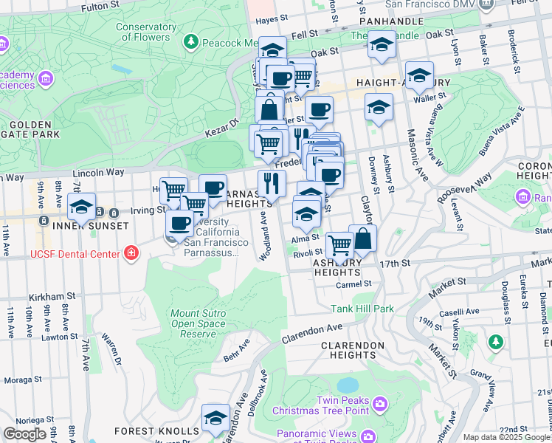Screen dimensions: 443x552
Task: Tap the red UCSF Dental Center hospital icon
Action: (131, 254)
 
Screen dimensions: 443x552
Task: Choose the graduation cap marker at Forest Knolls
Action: (215, 419)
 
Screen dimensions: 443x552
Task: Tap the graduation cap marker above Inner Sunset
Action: (81, 206)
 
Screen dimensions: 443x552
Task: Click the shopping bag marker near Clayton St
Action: (362, 238)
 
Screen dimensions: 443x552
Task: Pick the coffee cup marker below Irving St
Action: (179, 223)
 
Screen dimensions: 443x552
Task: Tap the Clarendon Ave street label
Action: (313, 332)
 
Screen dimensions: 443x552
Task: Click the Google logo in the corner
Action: (24, 434)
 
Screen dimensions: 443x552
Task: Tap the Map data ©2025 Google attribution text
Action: (506, 437)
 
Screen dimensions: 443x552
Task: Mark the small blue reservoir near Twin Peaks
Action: (345, 385)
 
